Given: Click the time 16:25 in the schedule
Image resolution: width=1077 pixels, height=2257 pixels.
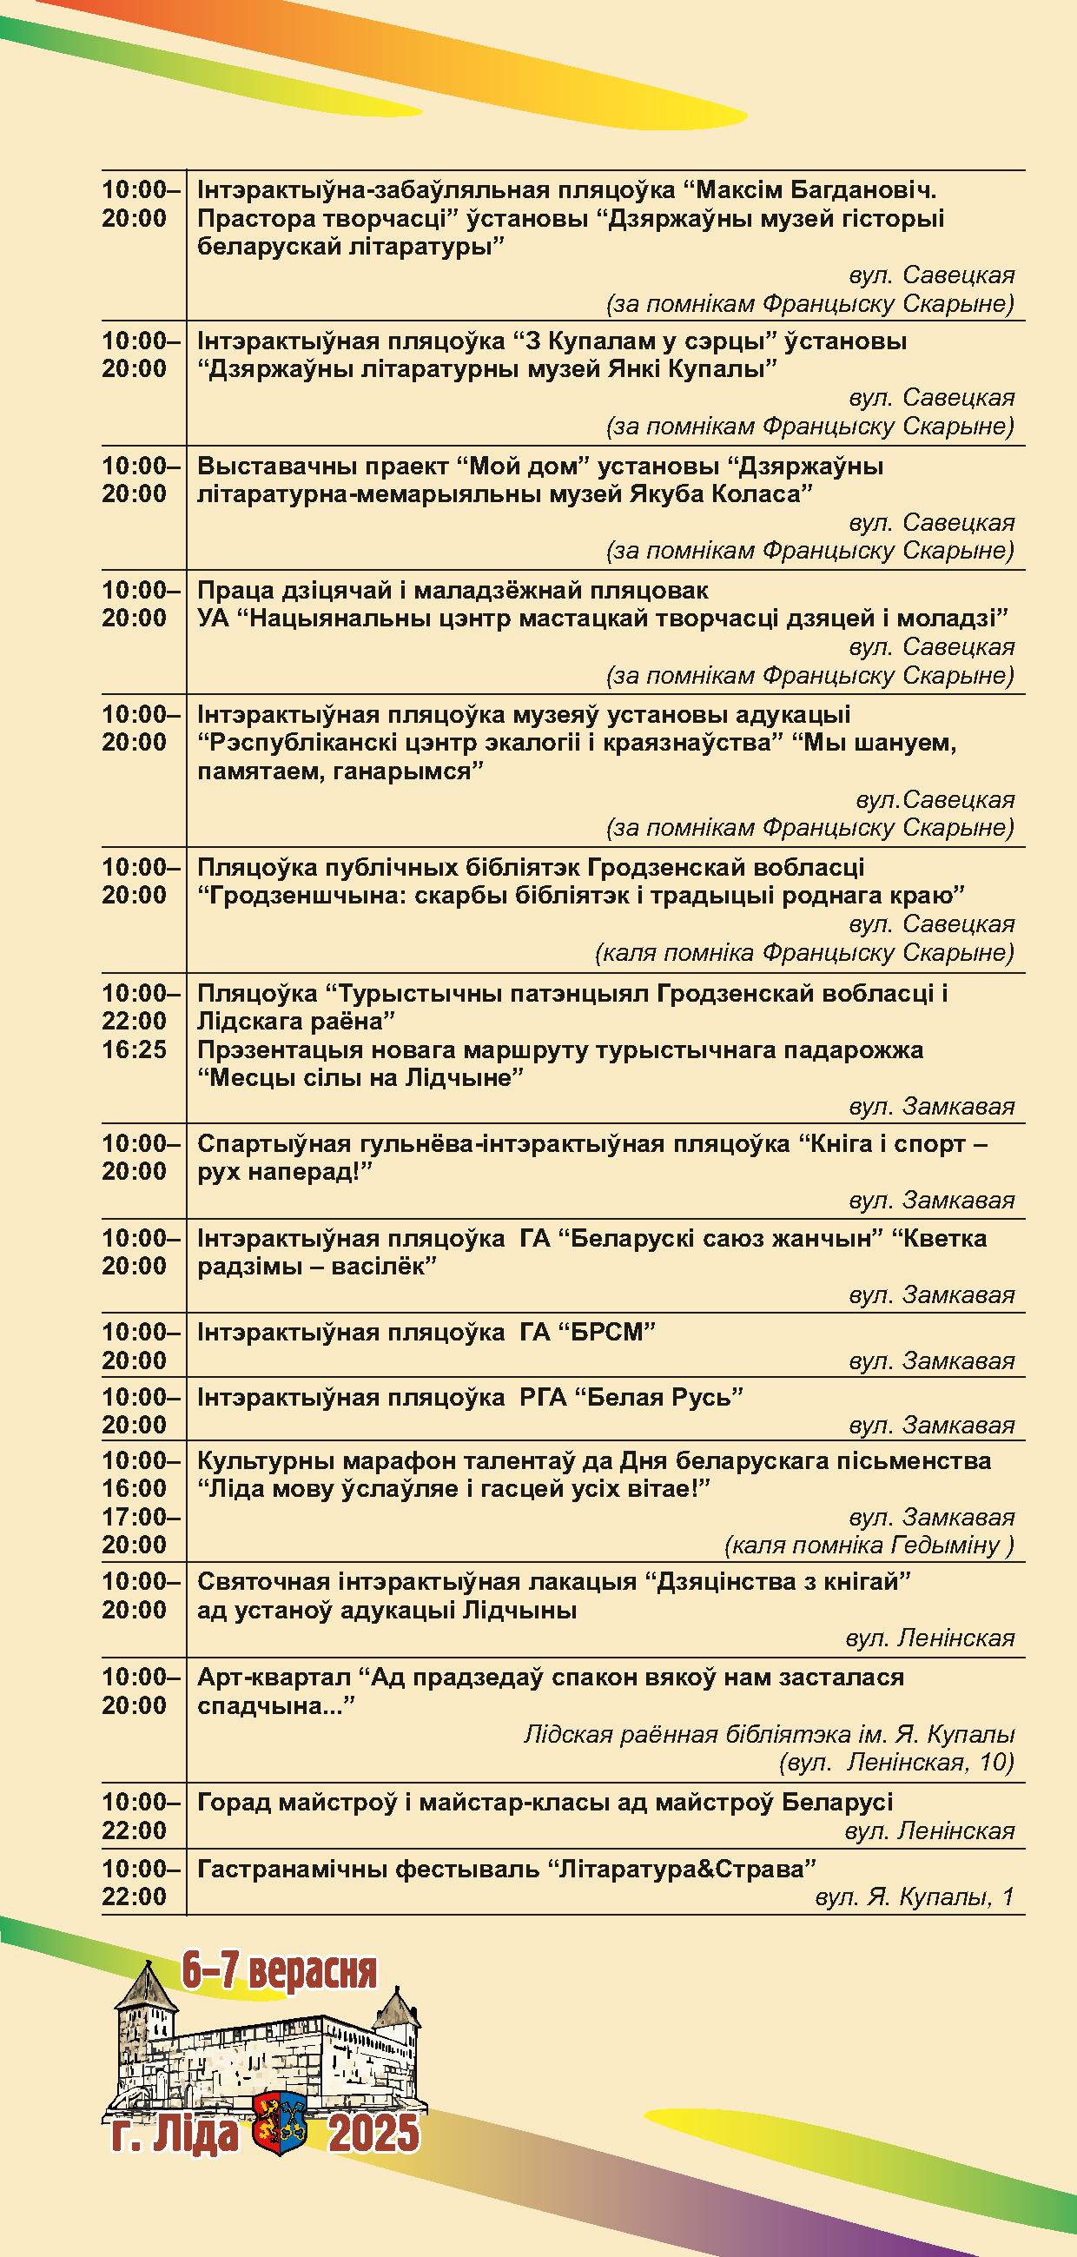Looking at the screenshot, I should click(x=133, y=1049).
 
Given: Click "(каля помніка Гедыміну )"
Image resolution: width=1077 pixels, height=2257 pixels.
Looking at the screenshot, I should click(x=869, y=1546).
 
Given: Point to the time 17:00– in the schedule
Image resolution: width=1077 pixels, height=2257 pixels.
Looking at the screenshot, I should click(x=140, y=1517).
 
